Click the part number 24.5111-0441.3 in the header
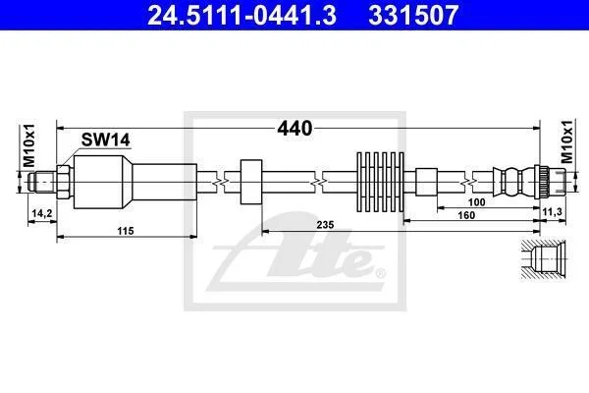click(241, 15)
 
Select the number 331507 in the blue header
click(413, 15)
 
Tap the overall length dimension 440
click(294, 129)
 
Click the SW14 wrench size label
click(106, 140)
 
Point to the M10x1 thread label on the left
click(28, 145)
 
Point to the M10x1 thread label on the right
click(566, 141)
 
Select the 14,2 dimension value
click(42, 213)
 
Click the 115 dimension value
click(126, 231)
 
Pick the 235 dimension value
click(325, 225)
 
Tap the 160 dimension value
click(466, 215)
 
